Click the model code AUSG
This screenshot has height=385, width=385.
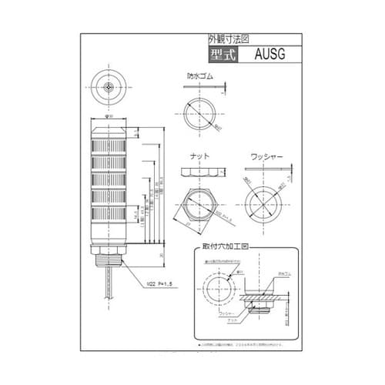[x=269, y=55]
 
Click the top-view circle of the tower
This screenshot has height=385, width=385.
[x=112, y=85]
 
